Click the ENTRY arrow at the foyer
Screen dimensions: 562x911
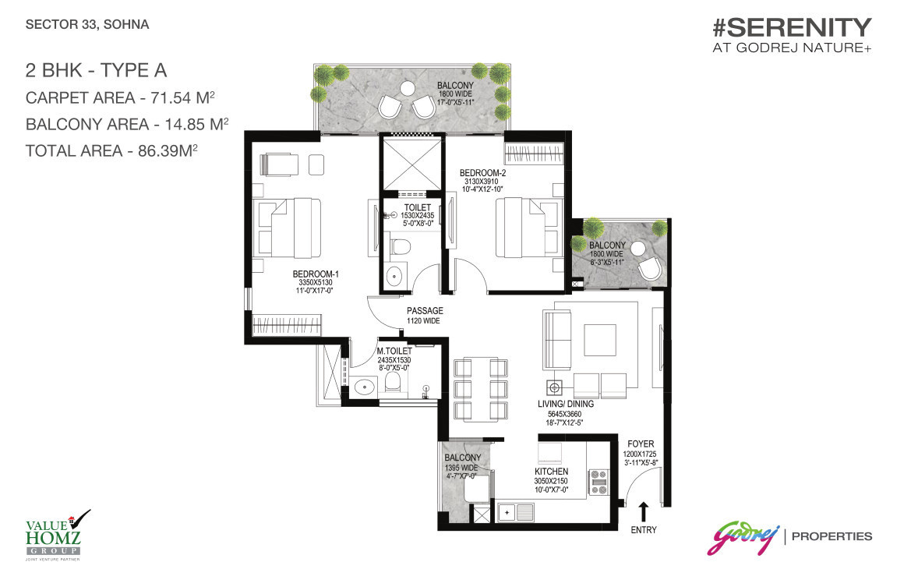click(x=644, y=511)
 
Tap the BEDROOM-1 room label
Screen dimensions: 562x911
click(x=315, y=274)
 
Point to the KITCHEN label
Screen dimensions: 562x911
click(x=551, y=472)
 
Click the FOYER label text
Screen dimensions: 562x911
click(x=640, y=444)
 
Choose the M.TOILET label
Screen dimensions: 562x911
click(x=394, y=352)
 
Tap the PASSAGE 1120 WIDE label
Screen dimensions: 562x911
click(x=425, y=311)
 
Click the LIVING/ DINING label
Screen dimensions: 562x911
click(x=565, y=404)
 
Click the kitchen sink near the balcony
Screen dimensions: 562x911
click(x=515, y=514)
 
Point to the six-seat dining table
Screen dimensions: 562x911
click(x=480, y=389)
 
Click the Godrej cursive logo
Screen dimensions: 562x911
click(x=742, y=538)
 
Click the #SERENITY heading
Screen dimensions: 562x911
click(x=791, y=29)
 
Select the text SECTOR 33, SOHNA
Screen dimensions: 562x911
click(x=87, y=24)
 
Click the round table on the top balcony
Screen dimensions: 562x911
click(x=406, y=90)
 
